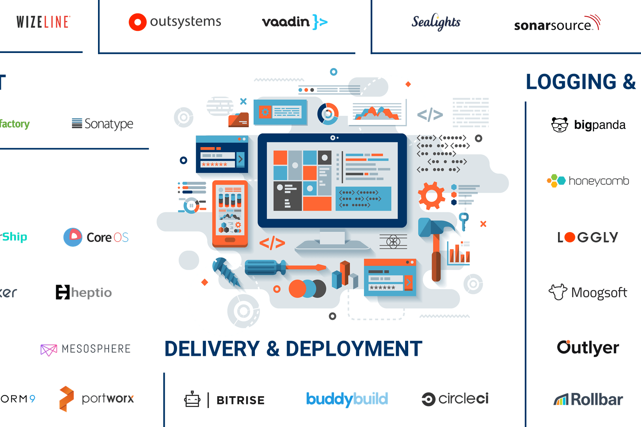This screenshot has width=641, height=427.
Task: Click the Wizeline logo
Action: [43, 22]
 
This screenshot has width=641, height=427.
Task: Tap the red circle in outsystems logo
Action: [138, 22]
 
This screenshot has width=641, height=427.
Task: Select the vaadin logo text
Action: [286, 22]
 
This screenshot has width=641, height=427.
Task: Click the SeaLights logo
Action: [436, 22]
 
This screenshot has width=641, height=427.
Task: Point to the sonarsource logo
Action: [556, 25]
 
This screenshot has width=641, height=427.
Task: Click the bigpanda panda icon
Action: [560, 125]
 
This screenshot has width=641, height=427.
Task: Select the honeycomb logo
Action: [588, 181]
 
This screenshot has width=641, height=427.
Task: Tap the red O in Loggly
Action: [569, 237]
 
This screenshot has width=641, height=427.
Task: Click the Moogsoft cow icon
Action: [558, 292]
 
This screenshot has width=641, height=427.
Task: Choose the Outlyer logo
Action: [588, 348]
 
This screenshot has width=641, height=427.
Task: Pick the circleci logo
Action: [455, 399]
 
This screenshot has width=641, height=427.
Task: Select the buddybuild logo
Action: [347, 399]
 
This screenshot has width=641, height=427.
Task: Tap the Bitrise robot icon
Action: [192, 399]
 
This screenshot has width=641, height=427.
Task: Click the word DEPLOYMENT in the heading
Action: [354, 349]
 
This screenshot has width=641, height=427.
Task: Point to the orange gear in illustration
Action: [431, 196]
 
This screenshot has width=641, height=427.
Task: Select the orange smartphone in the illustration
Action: [230, 213]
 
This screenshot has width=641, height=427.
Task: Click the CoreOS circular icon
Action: [73, 237]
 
